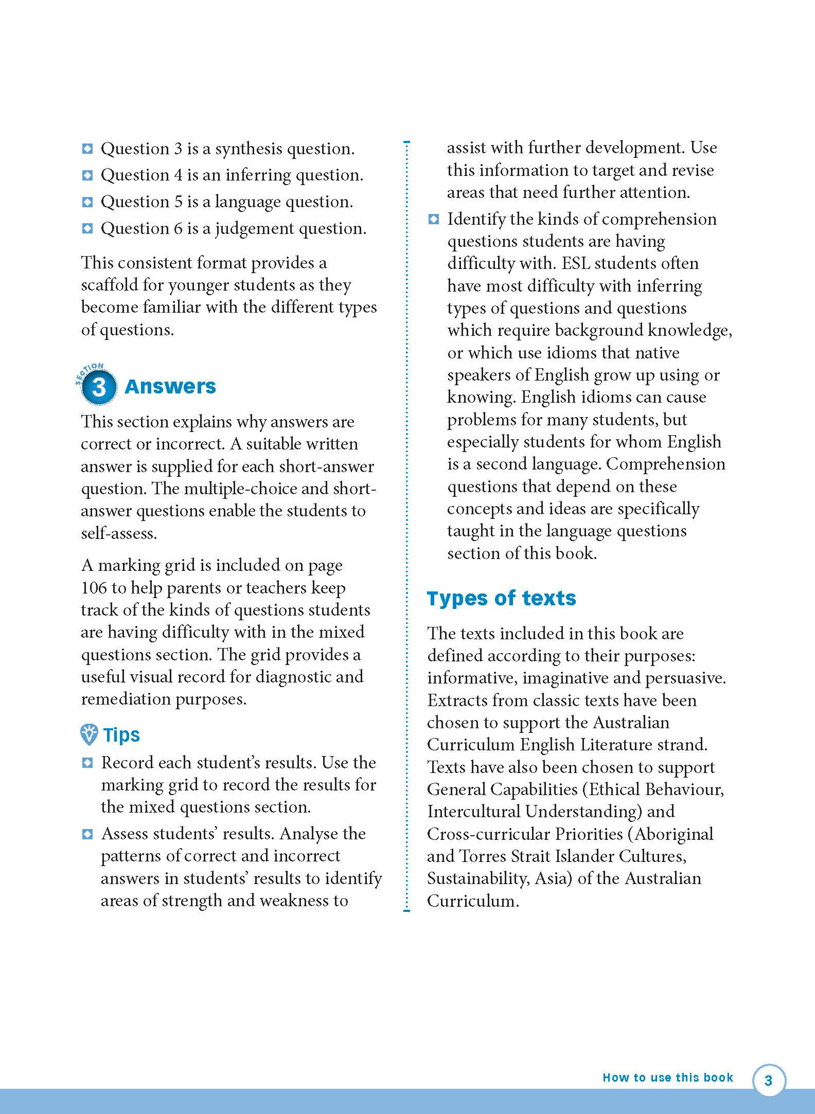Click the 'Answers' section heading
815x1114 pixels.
pos(170,386)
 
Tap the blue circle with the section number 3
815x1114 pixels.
pos(98,386)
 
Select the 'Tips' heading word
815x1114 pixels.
pos(121,734)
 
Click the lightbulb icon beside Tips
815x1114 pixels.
pos(89,734)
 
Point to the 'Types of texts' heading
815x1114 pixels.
pos(501,598)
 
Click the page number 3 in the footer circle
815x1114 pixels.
pos(769,1080)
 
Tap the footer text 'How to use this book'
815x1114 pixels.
pos(667,1077)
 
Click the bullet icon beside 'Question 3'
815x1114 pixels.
pos(87,149)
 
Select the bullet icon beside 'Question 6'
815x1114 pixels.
pos(87,228)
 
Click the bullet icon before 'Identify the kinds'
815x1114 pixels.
pos(434,220)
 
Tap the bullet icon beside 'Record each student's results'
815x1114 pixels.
pos(87,763)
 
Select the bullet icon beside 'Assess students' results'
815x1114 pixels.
pos(87,834)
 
